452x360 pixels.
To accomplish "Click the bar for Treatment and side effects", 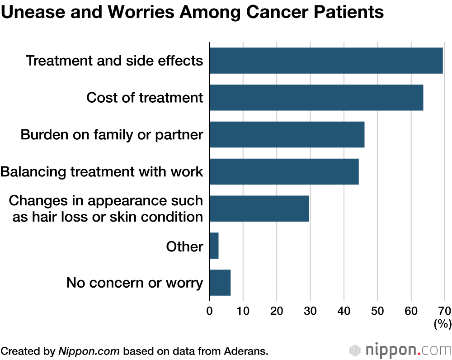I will (326, 61).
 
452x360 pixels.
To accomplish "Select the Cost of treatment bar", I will (316, 98).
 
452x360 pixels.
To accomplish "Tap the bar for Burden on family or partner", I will (287, 135).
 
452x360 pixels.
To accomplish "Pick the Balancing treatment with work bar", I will (284, 172).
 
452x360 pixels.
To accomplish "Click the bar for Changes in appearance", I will (259, 208).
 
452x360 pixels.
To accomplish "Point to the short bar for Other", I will (214, 246).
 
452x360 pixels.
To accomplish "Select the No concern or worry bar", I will (220, 283).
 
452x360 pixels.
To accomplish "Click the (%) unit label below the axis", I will (442, 324).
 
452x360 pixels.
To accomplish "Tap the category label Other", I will (184, 246).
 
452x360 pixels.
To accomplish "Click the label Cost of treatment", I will (145, 98).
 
